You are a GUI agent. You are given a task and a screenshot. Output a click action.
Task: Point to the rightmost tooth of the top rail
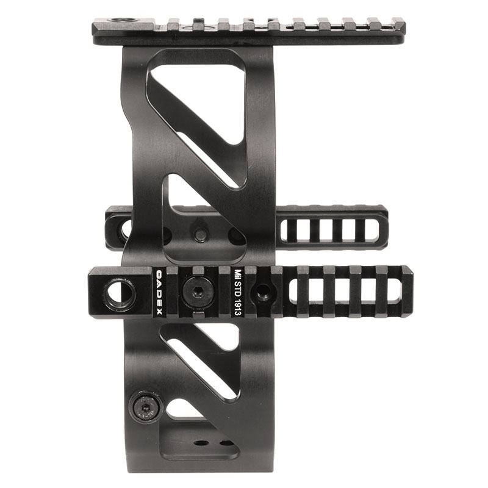point(397,24)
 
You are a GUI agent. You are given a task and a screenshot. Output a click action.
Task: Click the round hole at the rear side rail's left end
point(126,231)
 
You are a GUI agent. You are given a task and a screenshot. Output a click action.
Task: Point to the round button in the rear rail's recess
point(199,234)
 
